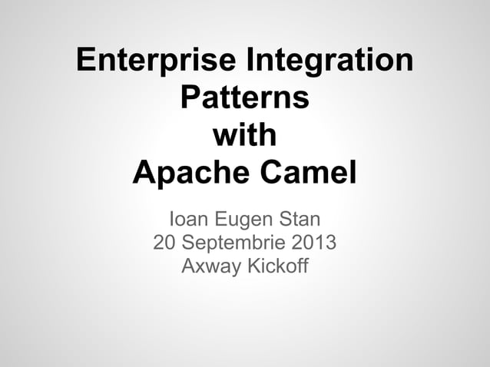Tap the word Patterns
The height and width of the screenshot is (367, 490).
coord(244,100)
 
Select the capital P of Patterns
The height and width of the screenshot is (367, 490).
coord(189,100)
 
